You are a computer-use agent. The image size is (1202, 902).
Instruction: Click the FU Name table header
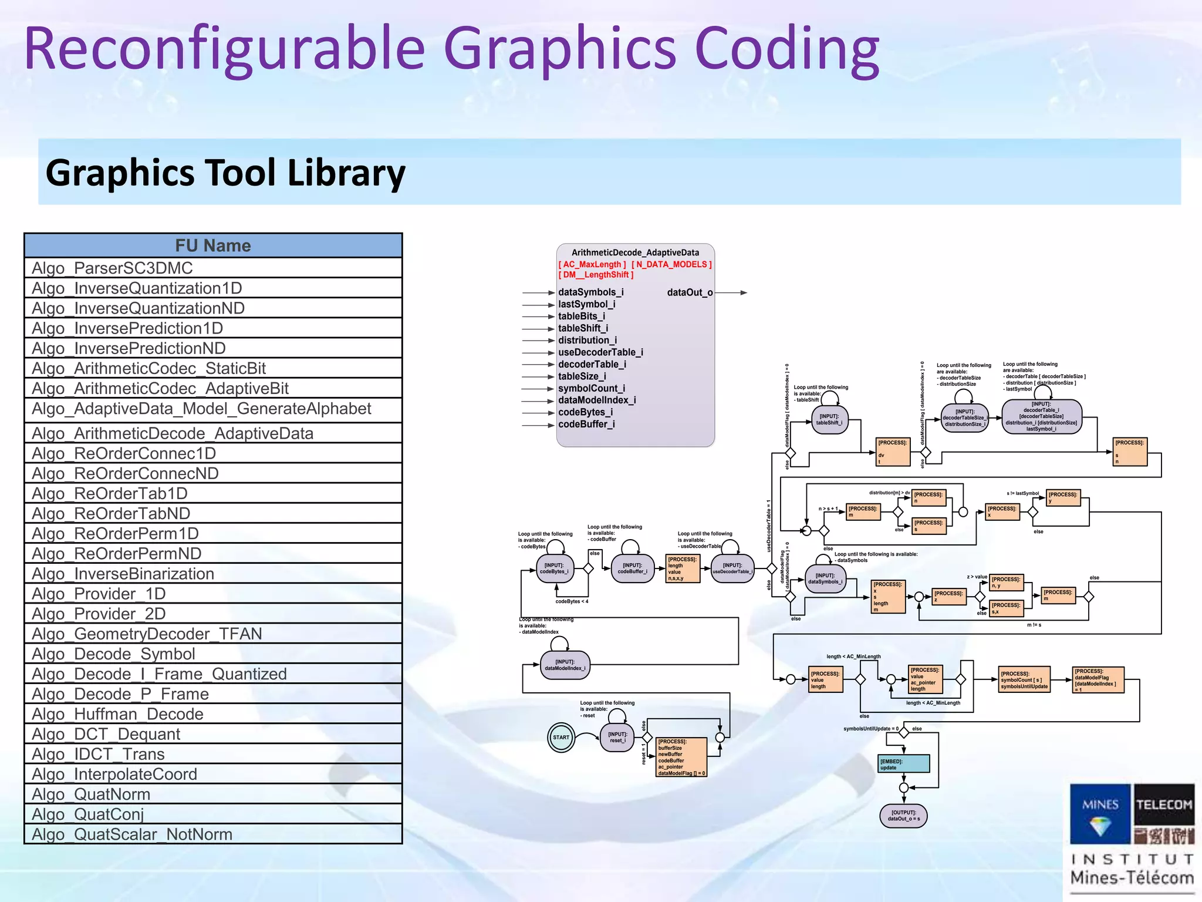(213, 245)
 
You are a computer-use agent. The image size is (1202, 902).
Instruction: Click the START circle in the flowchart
(561, 738)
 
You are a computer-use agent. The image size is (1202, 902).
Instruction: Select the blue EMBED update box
(904, 763)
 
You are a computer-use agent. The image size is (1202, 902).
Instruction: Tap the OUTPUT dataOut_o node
(904, 816)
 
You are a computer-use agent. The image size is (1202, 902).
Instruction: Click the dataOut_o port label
(690, 292)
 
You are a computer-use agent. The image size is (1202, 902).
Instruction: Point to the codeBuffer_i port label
(586, 424)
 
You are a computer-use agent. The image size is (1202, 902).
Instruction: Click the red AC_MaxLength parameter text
(592, 264)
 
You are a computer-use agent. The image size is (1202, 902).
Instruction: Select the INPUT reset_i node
(617, 738)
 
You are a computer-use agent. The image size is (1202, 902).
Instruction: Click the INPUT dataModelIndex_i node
(565, 665)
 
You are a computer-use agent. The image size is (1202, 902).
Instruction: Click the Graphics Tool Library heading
(225, 173)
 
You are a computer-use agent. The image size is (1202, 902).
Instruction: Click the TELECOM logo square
(1163, 805)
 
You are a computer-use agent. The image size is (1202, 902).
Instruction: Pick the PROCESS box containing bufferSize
(681, 758)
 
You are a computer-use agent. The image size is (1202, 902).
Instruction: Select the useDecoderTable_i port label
(600, 352)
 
